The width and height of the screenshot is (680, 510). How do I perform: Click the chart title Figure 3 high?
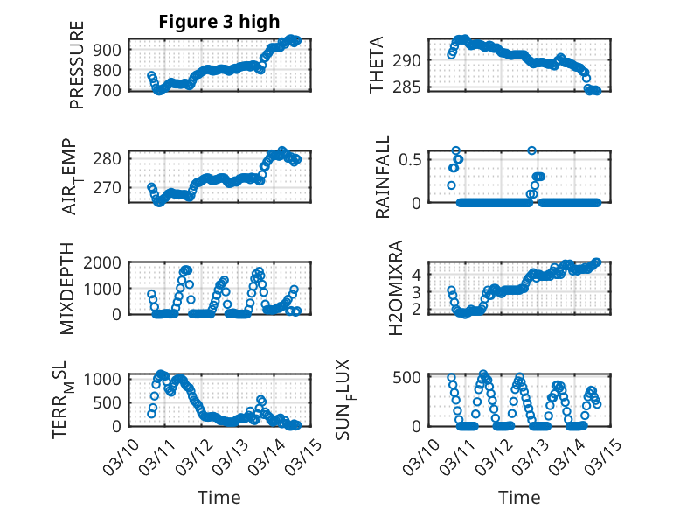[x=219, y=22]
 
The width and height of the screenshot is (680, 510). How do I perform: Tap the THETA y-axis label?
[x=377, y=65]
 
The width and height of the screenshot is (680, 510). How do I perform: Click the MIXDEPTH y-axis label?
[x=67, y=289]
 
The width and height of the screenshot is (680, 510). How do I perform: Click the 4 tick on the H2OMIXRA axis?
[x=418, y=274]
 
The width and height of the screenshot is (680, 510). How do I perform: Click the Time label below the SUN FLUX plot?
[x=519, y=497]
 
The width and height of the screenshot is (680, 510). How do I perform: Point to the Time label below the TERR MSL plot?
[x=219, y=497]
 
